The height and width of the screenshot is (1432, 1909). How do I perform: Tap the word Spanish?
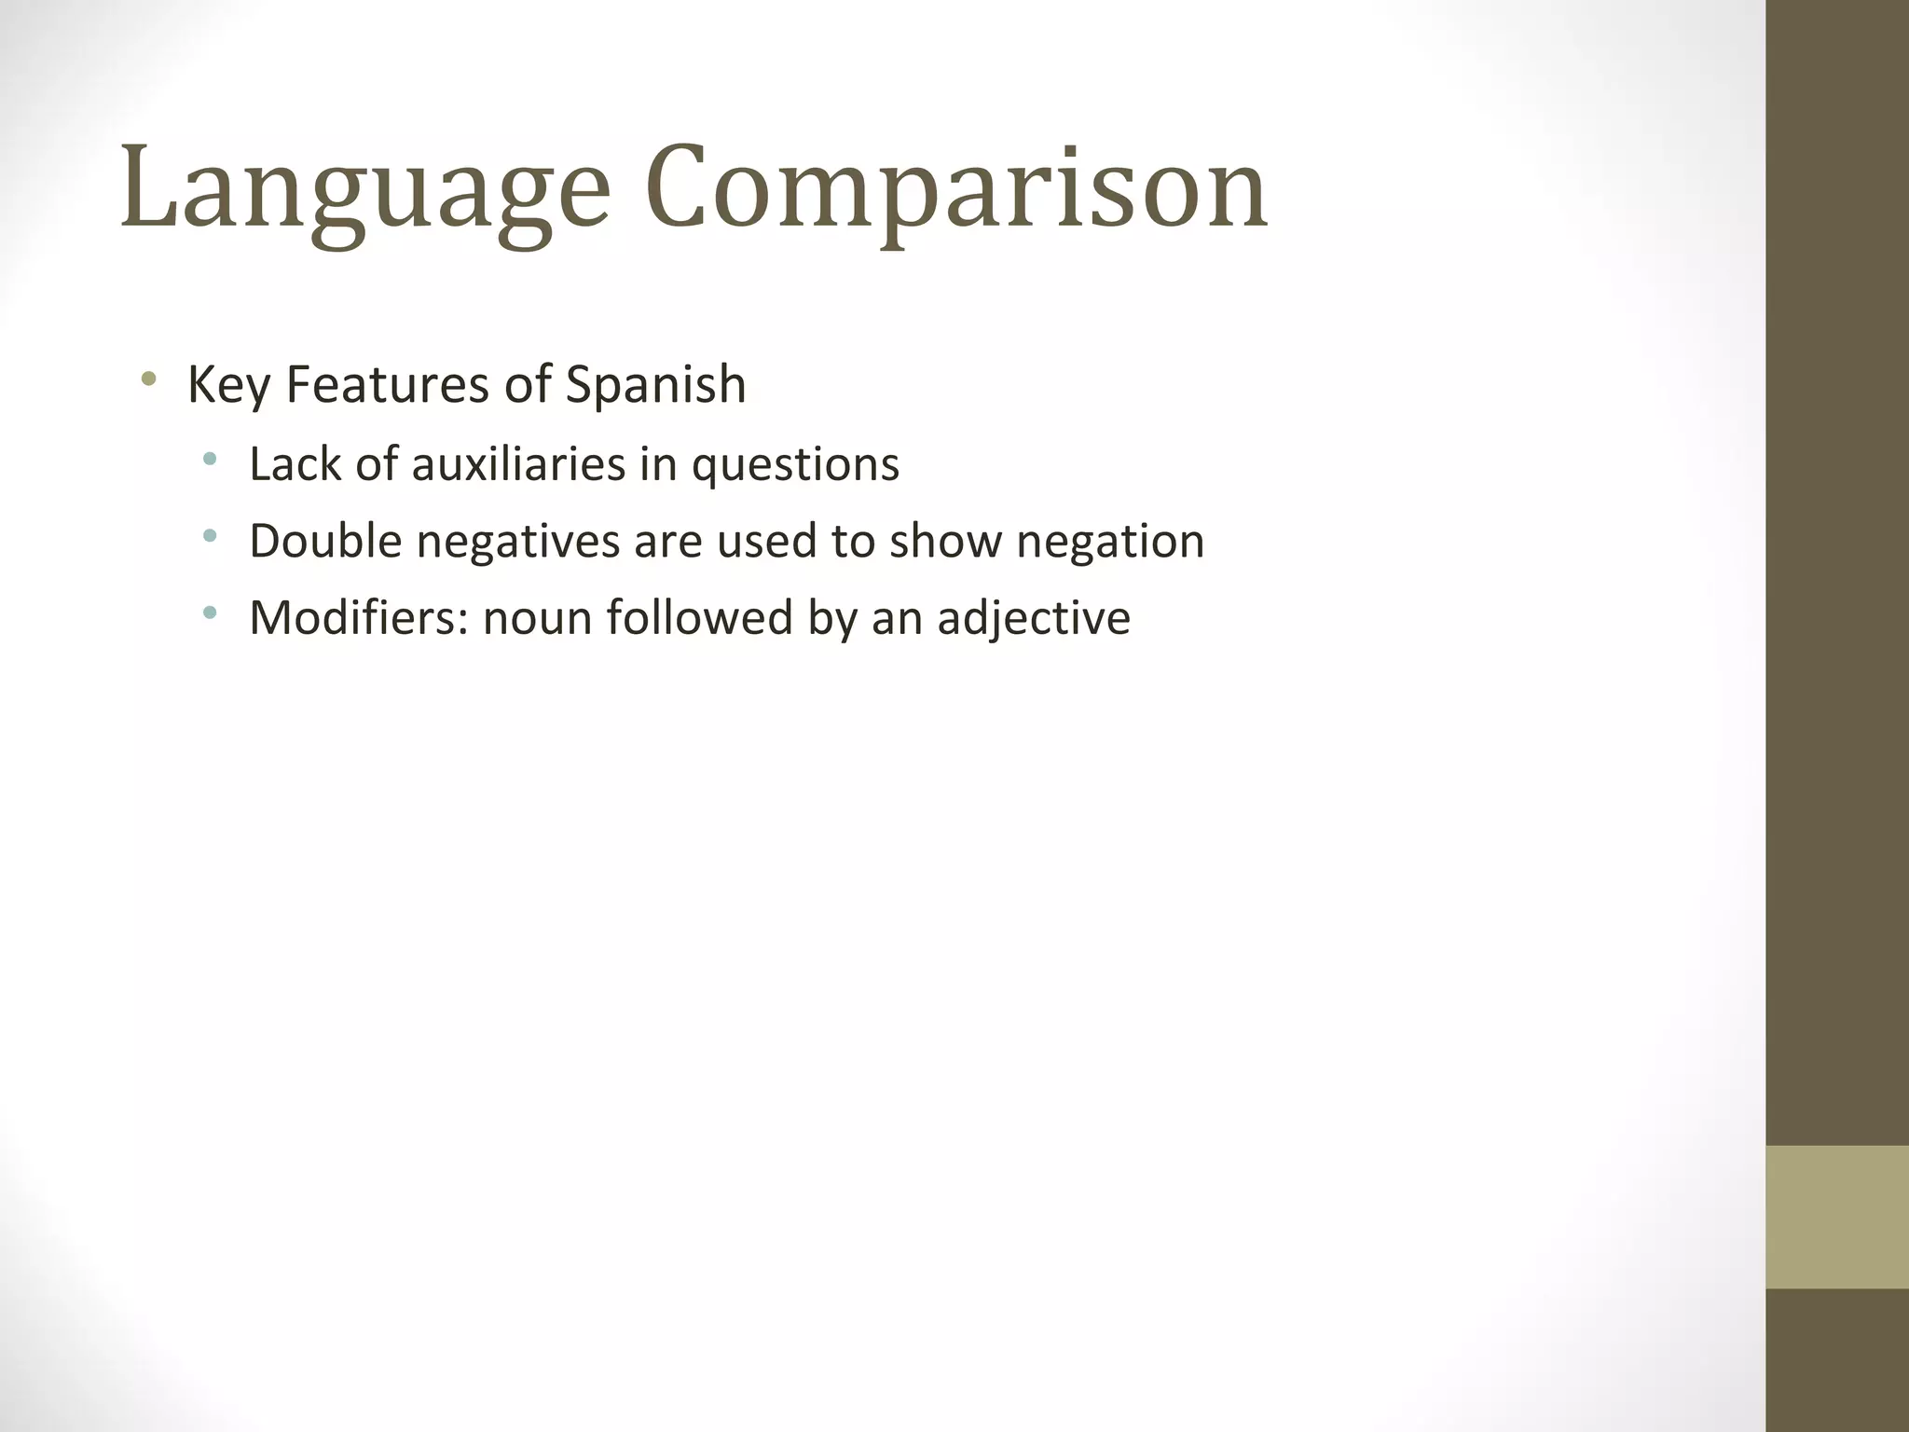click(x=655, y=384)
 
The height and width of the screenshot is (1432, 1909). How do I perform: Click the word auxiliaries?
click(x=518, y=463)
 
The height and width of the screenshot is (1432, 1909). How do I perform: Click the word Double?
click(x=325, y=541)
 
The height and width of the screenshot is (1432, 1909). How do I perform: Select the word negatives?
click(x=518, y=541)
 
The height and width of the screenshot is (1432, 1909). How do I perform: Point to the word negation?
click(x=1110, y=543)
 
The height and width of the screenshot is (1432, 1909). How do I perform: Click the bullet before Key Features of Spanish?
click(x=147, y=379)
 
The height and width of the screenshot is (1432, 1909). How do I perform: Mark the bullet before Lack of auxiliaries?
click(x=210, y=459)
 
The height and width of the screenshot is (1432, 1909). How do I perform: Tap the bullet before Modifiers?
click(x=210, y=613)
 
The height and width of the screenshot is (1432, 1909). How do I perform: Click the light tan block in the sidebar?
click(x=1837, y=1217)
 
